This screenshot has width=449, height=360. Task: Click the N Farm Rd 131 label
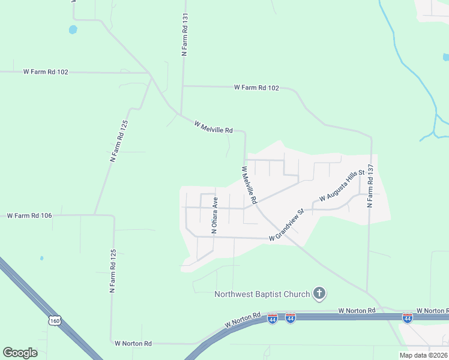click(185, 35)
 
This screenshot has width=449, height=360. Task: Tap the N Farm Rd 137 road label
click(370, 186)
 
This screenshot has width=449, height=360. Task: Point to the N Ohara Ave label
click(213, 214)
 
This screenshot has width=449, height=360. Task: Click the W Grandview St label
click(288, 226)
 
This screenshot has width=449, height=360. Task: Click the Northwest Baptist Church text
click(262, 294)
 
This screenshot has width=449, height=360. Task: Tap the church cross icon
click(320, 293)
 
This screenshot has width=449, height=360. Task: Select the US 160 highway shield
click(55, 321)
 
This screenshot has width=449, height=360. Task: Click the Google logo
click(20, 353)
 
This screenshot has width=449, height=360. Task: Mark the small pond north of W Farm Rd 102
click(73, 29)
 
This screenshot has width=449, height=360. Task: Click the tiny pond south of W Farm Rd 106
click(41, 258)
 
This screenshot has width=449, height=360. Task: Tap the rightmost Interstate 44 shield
click(407, 317)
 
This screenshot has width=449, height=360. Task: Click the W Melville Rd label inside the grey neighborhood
click(249, 184)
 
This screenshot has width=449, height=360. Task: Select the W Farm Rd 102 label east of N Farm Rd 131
click(256, 88)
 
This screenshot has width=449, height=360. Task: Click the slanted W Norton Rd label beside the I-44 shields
click(243, 319)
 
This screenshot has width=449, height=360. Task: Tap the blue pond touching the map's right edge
click(445, 58)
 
